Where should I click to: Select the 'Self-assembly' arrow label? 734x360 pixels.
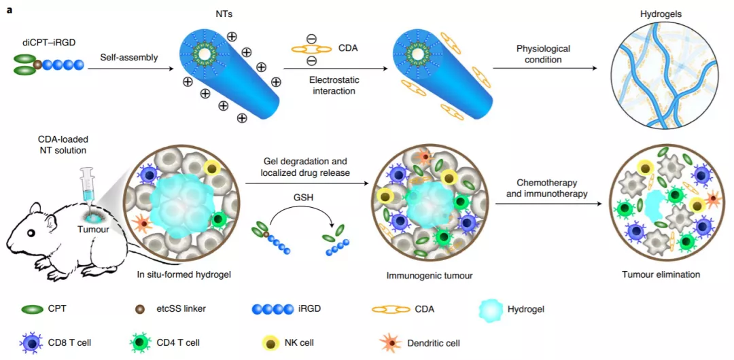click(x=130, y=57)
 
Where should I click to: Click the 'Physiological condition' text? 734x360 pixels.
click(x=542, y=54)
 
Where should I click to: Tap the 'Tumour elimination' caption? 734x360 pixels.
click(x=661, y=275)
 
